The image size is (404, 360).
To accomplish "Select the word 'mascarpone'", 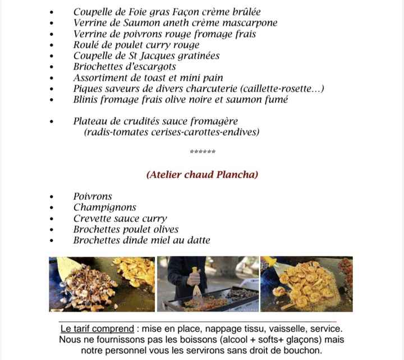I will (x=249, y=23).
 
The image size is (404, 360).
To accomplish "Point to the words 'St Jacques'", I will (x=140, y=56).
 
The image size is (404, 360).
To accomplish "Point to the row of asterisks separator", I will (x=203, y=152).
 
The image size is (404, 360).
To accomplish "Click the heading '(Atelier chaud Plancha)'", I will (x=202, y=175).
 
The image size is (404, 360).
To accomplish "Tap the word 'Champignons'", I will (x=104, y=207).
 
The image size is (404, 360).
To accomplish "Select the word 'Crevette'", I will (x=92, y=218).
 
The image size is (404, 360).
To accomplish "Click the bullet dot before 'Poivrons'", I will (x=52, y=197).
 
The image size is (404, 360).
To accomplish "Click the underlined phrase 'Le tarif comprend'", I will (x=97, y=329).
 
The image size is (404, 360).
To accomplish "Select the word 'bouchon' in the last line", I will (x=303, y=350).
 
